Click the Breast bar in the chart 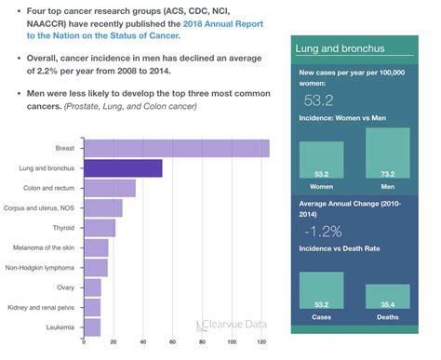click(x=177, y=148)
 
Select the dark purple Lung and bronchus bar click(x=123, y=168)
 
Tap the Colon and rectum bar click(x=110, y=188)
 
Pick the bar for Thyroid click(x=100, y=228)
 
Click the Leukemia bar click(x=92, y=327)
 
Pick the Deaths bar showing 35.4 click(x=387, y=297)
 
